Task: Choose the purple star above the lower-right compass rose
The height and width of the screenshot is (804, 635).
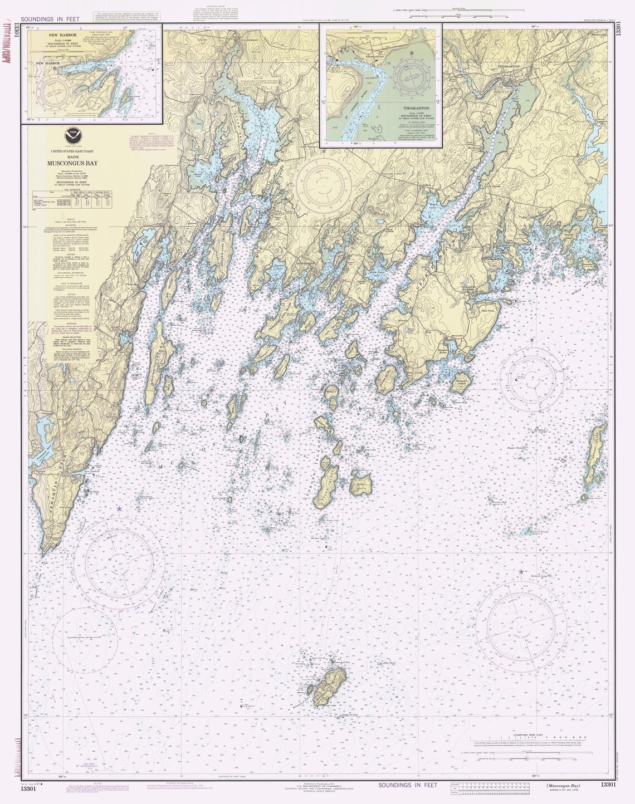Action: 521,572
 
